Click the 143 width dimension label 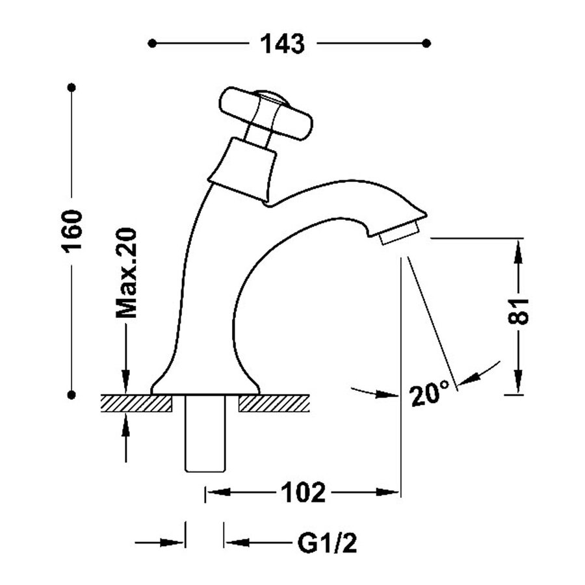(283, 44)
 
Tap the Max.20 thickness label (126, 273)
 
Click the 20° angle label (430, 393)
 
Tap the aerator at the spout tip (398, 233)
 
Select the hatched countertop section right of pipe (272, 403)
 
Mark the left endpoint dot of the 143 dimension (152, 44)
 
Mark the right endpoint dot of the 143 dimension (426, 44)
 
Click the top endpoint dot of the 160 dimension (72, 87)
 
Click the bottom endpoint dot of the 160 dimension (72, 394)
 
